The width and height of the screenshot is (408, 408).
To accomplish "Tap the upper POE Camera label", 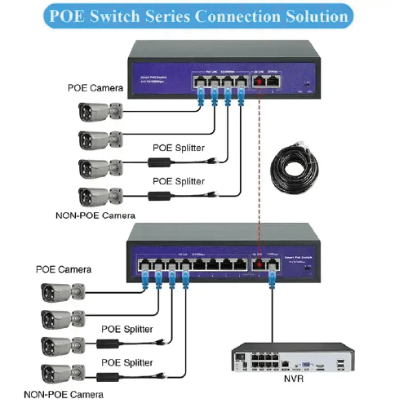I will pyautogui.click(x=95, y=87).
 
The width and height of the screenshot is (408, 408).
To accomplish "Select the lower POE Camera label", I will pyautogui.click(x=64, y=268).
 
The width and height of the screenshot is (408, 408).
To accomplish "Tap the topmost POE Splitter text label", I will pyautogui.click(x=179, y=148).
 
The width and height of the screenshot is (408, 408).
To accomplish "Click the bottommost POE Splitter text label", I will pyautogui.click(x=128, y=360).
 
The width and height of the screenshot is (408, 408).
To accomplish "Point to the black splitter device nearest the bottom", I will pyautogui.click(x=108, y=373).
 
